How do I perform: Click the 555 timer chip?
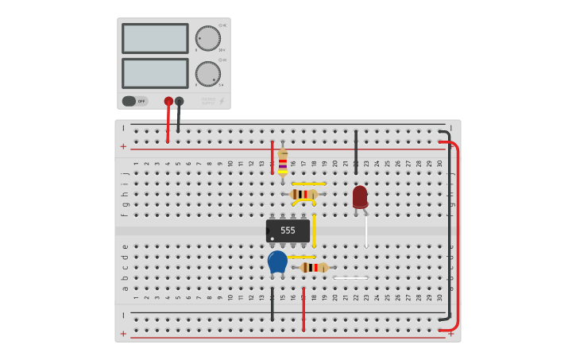[x=288, y=230]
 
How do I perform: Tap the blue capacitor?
[x=277, y=261]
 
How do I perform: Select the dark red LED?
[x=360, y=196]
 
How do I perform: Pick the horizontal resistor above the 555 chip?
[x=303, y=194]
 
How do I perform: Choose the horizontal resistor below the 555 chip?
[x=314, y=268]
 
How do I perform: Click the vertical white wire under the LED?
[x=365, y=230]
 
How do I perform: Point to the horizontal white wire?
[x=350, y=277]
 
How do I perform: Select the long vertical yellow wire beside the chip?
[x=314, y=230]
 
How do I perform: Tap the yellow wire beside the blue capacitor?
[x=302, y=257]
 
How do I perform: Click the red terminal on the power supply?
[x=168, y=101]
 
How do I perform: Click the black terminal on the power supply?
[x=179, y=101]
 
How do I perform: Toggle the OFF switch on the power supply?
[x=134, y=101]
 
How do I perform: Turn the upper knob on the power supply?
[x=207, y=38]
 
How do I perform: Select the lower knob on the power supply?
[x=207, y=74]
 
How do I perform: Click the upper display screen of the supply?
[x=155, y=38]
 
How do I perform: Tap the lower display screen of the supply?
[x=155, y=73]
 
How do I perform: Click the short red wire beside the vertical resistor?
[x=272, y=157]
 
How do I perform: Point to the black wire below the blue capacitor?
[x=272, y=306]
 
